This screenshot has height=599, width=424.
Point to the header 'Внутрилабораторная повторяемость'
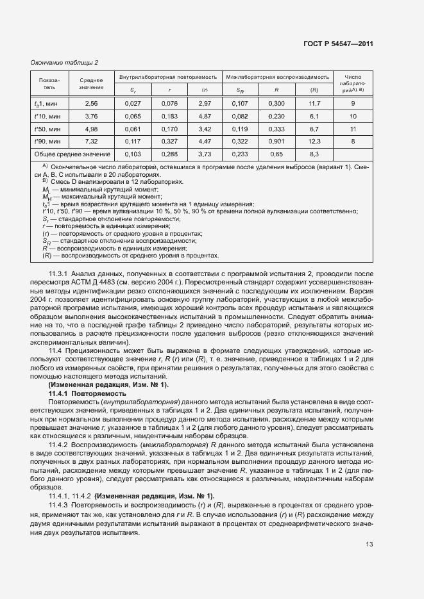[x=169, y=76]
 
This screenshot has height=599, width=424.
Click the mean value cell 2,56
[x=91, y=103]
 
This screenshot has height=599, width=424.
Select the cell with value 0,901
[x=276, y=141]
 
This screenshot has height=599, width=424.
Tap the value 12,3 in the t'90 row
[x=314, y=141]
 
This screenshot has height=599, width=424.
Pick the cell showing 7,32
[x=91, y=141]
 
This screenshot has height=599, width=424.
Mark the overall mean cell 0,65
[x=276, y=154]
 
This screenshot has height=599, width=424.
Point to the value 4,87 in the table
[x=205, y=116]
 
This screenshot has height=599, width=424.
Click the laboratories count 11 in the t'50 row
[x=353, y=129]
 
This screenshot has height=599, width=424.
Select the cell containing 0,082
[x=239, y=116]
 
